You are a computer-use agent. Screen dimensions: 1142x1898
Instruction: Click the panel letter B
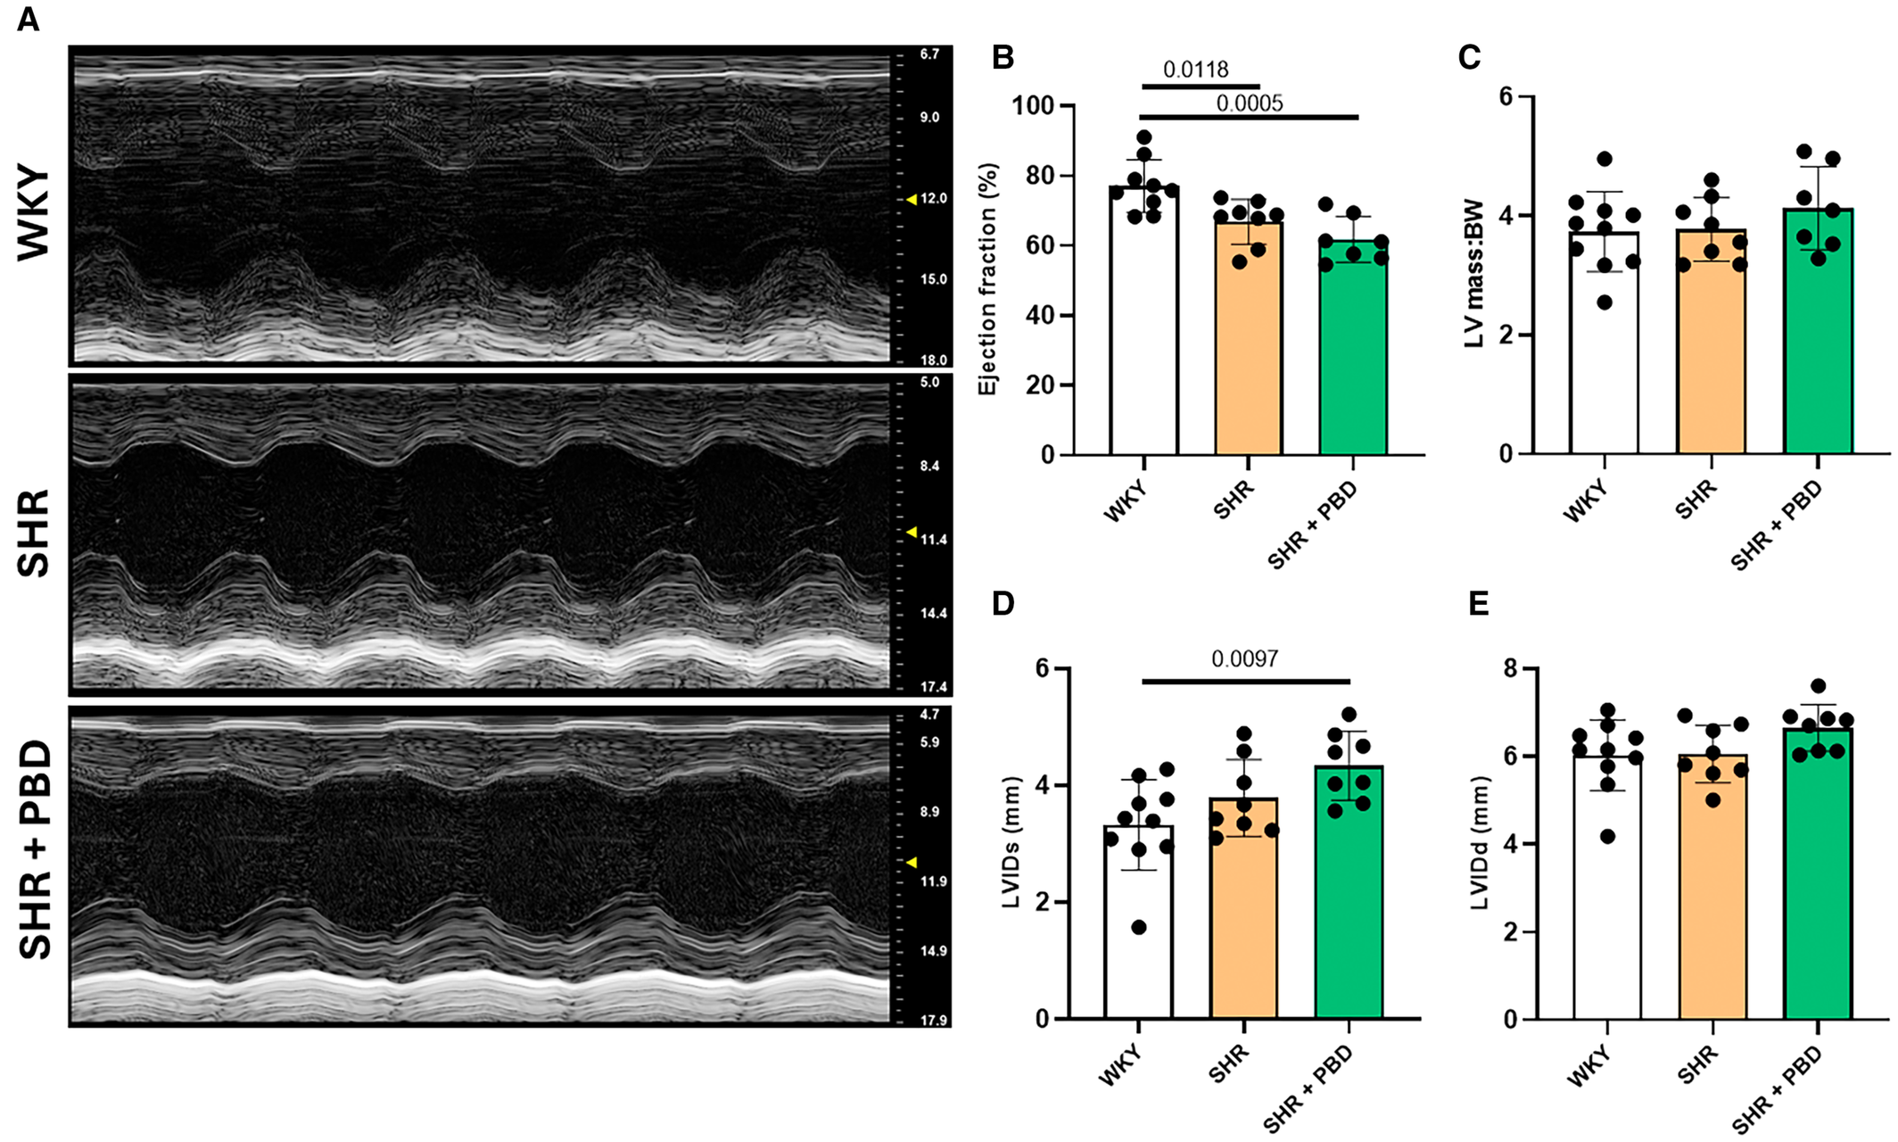pos(1003,58)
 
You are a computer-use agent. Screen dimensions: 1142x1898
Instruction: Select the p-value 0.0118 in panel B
pos(1195,70)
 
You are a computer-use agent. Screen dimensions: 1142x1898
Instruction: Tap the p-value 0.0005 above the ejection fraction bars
pos(1250,103)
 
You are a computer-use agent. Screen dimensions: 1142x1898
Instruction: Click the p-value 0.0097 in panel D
pos(1244,659)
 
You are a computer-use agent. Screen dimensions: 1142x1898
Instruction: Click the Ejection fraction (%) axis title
pos(987,279)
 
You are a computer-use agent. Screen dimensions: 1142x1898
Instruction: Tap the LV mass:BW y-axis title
pos(1474,274)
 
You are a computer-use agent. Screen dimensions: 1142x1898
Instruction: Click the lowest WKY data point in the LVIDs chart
pos(1139,928)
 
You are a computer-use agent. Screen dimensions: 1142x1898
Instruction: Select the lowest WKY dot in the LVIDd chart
pos(1606,836)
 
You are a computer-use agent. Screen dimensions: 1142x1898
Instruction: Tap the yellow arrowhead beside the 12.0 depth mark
pos(912,200)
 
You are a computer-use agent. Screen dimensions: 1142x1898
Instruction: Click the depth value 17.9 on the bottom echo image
pos(933,1021)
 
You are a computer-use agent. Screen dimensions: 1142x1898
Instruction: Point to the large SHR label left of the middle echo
pos(35,533)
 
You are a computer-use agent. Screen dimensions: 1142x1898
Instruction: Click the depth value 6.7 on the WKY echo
pos(929,54)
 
